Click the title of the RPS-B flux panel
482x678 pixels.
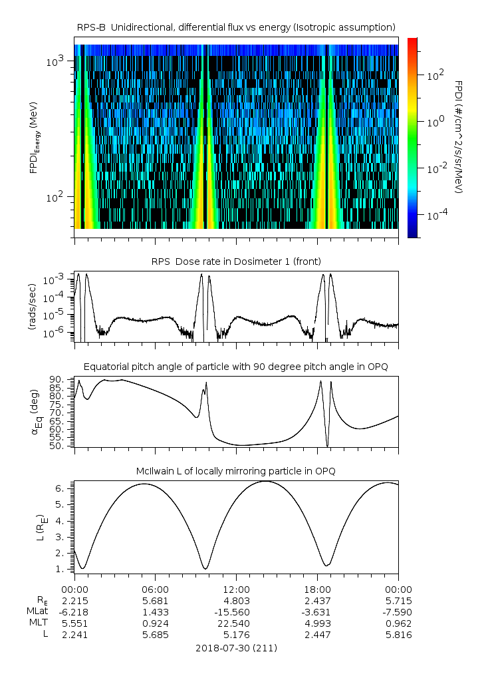236,27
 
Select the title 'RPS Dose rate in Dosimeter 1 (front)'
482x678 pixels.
236,261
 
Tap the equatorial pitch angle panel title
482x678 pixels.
236,367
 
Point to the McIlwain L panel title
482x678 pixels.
236,471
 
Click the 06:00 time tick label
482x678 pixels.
155,590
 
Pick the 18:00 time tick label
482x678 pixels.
317,590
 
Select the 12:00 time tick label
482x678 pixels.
236,590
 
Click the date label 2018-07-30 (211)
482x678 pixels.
236,647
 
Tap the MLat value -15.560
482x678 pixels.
236,612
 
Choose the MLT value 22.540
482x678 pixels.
236,623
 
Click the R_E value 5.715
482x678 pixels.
398,601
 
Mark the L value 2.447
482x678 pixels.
317,635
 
